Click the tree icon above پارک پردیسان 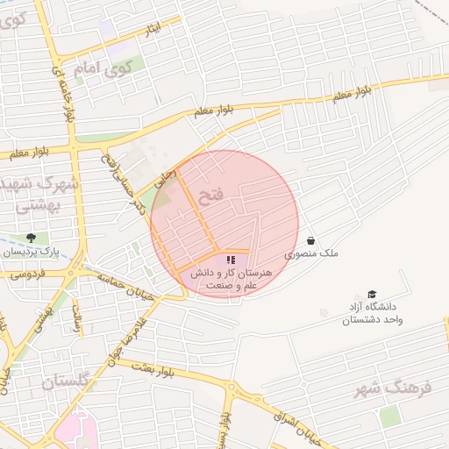pyautogui.click(x=32, y=238)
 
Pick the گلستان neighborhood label pyautogui.click(x=67, y=382)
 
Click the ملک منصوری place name pyautogui.click(x=310, y=253)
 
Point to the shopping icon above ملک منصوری pyautogui.click(x=310, y=239)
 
